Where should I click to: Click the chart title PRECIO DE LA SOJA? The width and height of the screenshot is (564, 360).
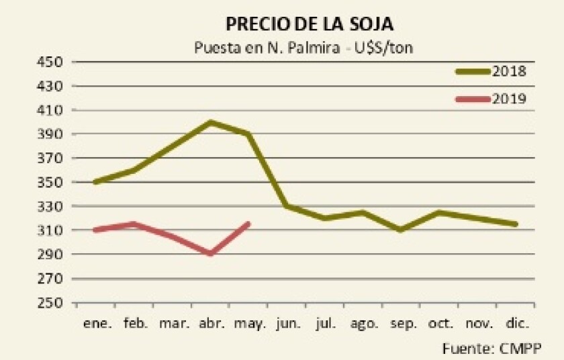coord(309,25)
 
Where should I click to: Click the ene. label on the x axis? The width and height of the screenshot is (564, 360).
coord(97,323)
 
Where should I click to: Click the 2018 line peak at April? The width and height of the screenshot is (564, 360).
coord(211,122)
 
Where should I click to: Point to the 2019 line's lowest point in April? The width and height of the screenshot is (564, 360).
coord(211,254)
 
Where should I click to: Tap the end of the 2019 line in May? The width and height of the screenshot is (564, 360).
coord(248,224)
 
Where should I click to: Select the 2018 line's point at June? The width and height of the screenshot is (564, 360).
coord(287,206)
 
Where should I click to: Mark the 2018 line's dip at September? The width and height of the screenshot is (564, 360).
coord(401,230)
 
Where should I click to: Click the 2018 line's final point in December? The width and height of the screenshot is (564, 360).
coord(516,224)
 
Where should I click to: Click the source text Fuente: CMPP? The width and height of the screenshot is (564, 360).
coord(491,348)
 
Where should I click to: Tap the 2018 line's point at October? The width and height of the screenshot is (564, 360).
coord(439,212)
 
